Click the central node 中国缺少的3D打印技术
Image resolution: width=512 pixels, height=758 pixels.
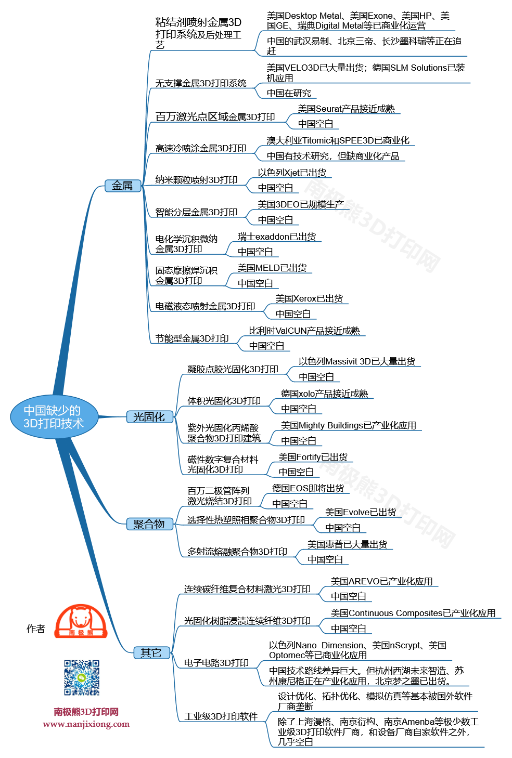[x=54, y=417]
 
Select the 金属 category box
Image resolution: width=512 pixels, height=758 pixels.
[x=123, y=186]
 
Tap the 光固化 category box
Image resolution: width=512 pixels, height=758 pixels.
[x=149, y=417]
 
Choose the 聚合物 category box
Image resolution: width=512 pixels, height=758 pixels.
[x=149, y=524]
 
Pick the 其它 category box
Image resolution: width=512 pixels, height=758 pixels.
[x=151, y=652]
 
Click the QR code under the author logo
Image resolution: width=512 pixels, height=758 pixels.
[x=82, y=677]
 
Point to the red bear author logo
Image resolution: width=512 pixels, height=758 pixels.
[x=81, y=621]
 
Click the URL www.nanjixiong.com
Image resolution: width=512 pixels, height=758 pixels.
[x=86, y=724]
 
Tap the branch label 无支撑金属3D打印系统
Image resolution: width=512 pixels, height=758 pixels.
[x=201, y=83]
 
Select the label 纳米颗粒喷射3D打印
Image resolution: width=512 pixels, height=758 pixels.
[x=196, y=180]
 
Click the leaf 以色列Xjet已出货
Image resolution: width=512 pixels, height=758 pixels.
[x=292, y=173]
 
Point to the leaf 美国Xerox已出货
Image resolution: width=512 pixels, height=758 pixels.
[x=309, y=298]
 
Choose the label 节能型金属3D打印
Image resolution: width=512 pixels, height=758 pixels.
[x=192, y=338]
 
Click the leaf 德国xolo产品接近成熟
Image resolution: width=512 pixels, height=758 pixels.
[x=324, y=394]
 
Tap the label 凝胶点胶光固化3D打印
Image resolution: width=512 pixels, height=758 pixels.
[x=233, y=369]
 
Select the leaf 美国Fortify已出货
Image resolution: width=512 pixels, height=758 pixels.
[x=313, y=457]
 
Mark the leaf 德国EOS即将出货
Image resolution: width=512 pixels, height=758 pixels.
[x=308, y=488]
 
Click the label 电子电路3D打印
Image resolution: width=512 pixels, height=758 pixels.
[x=216, y=663]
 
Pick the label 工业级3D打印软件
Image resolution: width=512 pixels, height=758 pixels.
[x=221, y=716]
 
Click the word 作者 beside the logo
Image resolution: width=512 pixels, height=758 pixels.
[x=36, y=629]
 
